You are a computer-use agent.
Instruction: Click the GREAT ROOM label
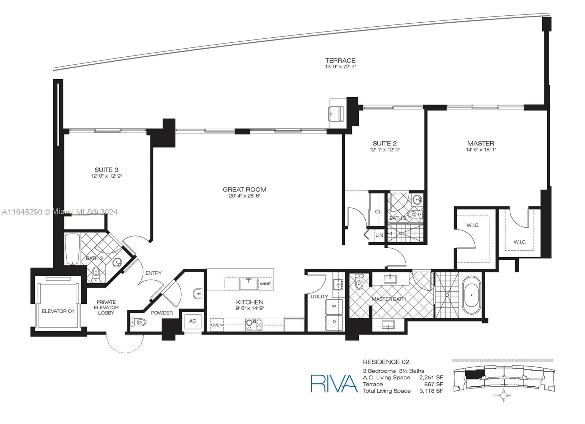point(245,190)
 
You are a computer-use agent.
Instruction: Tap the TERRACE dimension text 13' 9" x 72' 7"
point(340,67)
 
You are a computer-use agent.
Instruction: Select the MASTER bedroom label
point(480,143)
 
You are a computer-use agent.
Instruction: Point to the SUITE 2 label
point(384,143)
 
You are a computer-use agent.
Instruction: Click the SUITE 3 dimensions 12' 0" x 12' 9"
point(106,176)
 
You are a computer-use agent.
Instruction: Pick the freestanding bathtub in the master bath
point(471,295)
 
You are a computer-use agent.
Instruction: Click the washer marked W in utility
point(334,306)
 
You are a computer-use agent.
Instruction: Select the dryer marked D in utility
point(334,322)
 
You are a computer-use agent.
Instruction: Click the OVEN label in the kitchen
point(217,325)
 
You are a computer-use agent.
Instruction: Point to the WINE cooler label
point(265,284)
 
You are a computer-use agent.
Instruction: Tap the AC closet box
point(192,321)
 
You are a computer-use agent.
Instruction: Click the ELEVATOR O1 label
point(58,311)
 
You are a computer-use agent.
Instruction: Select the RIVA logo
point(334,383)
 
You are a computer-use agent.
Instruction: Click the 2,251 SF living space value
point(431,378)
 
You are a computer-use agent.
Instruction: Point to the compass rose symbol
point(505,395)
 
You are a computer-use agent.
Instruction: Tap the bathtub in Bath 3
point(73,249)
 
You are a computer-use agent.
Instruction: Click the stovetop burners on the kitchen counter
point(254,325)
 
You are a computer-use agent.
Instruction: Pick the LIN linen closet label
point(379,235)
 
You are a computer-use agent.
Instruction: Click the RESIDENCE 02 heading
point(386,362)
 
